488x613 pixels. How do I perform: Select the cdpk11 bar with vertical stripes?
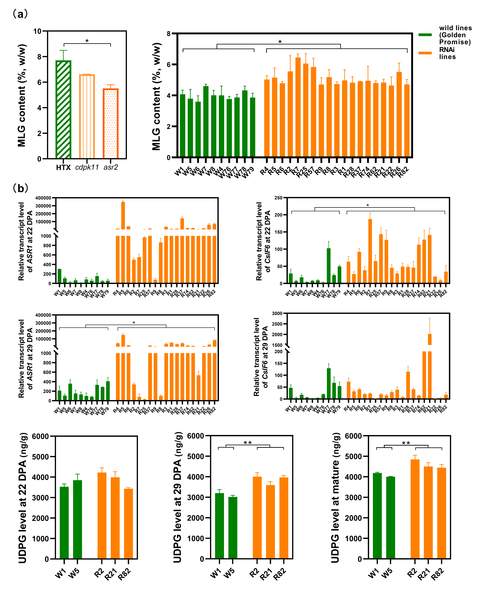[x=87, y=117]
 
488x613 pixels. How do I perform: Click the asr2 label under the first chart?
[x=111, y=167]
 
